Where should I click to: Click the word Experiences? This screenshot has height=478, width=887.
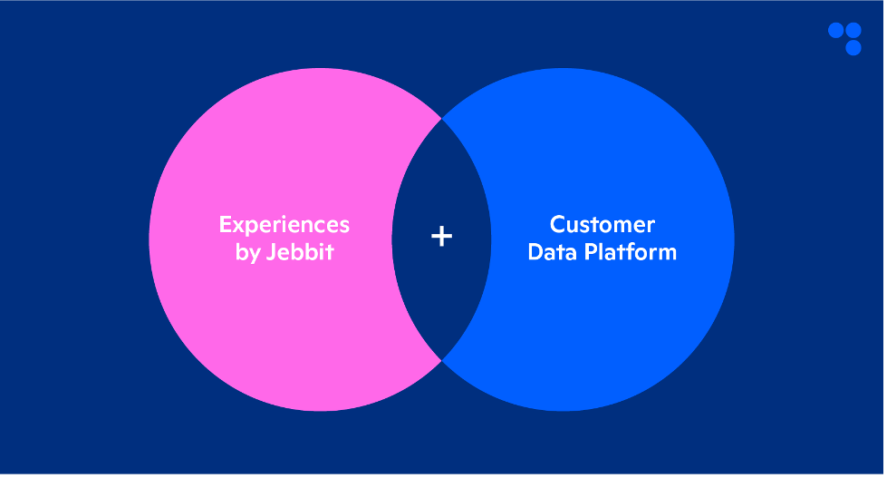[x=284, y=224]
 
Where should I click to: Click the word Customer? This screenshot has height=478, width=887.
[x=603, y=224]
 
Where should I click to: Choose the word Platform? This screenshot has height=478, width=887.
[x=632, y=251]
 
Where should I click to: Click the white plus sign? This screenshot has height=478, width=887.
[x=441, y=237]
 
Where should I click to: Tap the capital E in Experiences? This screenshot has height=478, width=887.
[x=226, y=224]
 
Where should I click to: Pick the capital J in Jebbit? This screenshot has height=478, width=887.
[x=271, y=252]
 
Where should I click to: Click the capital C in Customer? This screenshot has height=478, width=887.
[x=558, y=224]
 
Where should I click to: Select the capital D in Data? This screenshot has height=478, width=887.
[x=535, y=251]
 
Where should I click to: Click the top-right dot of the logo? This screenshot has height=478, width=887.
[x=853, y=30]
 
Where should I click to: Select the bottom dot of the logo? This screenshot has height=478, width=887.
[x=853, y=47]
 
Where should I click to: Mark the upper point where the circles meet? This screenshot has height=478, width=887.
[x=442, y=118]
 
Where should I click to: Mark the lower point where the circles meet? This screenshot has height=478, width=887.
[x=442, y=361]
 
